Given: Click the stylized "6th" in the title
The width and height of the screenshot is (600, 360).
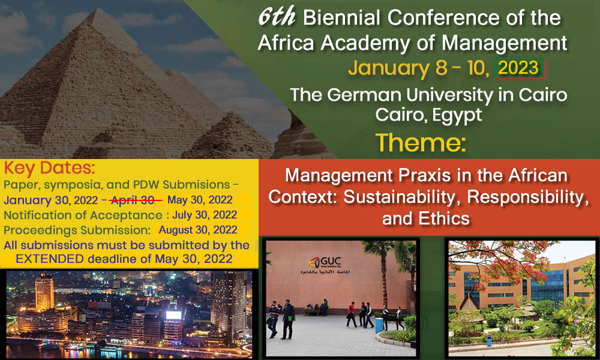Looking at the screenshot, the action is [x=276, y=17].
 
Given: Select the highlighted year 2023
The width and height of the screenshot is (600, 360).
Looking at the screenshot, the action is [x=518, y=68].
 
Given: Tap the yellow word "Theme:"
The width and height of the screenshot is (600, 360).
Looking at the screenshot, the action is [x=421, y=143].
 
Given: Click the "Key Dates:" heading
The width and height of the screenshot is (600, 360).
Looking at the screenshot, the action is [x=49, y=168].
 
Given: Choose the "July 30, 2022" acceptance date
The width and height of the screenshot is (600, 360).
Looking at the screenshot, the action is [x=205, y=215].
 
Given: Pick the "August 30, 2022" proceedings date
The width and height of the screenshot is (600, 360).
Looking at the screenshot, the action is [x=198, y=230].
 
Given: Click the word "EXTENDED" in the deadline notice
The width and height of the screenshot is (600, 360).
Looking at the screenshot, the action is [x=50, y=259].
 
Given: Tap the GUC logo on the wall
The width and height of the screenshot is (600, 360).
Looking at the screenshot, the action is [x=325, y=262].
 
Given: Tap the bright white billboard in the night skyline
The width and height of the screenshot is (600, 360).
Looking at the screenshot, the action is [x=173, y=315].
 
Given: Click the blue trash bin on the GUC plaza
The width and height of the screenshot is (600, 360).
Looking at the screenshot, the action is [x=379, y=325].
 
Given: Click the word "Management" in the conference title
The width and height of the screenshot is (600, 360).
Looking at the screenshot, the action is [x=505, y=43].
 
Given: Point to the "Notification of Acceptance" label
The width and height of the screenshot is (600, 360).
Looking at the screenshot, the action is [x=83, y=215].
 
